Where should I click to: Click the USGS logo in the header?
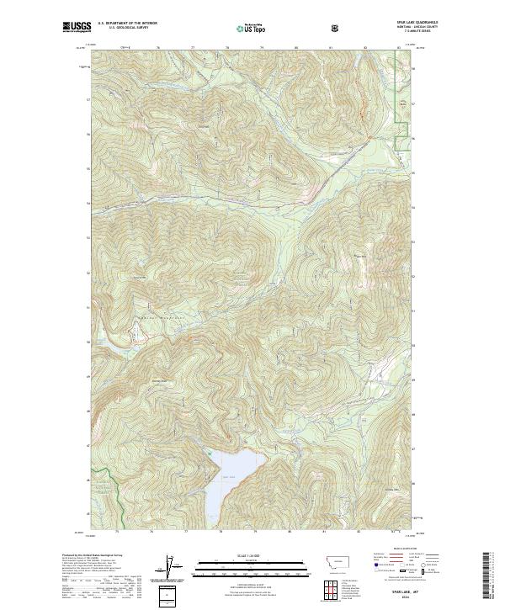point(77,28)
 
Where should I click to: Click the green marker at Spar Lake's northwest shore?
point(208,452)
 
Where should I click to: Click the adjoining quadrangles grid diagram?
point(333,591)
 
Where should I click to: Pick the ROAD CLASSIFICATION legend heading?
point(405,551)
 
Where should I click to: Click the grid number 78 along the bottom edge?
point(221,533)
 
